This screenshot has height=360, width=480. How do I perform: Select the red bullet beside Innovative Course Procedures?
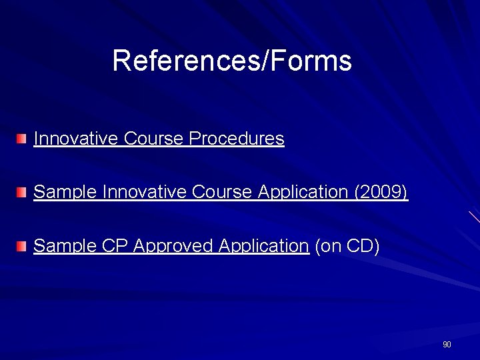coord(23,139)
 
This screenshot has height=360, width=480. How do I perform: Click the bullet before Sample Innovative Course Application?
coord(23,193)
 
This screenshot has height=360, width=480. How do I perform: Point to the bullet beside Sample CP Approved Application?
coord(23,247)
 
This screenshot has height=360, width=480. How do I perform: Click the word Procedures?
coord(237,139)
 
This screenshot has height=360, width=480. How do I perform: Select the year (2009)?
coord(381,193)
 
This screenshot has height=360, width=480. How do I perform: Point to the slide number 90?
coord(447,345)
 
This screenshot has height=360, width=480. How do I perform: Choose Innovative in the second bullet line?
coord(143,193)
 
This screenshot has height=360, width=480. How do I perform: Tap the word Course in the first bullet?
coord(153,139)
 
